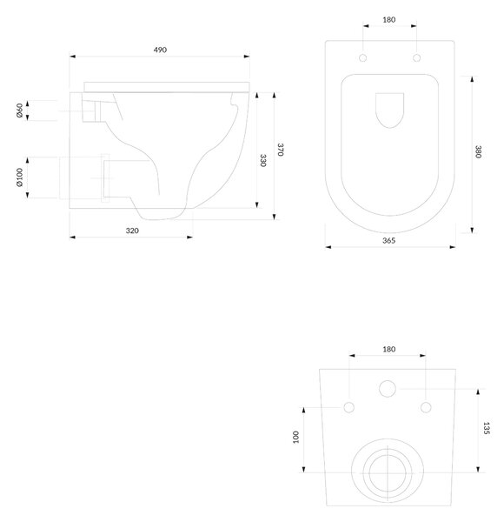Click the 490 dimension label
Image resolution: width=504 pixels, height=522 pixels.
(x=160, y=50)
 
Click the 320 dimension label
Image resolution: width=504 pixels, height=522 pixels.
(x=132, y=231)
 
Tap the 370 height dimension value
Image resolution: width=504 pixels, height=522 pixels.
(x=281, y=150)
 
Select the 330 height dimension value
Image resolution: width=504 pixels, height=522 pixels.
(x=262, y=160)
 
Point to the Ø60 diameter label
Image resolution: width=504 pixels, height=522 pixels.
(x=19, y=110)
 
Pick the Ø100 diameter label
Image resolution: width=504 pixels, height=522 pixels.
(x=19, y=177)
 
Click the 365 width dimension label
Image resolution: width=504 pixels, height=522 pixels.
(x=388, y=240)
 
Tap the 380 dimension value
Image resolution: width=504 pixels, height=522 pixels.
(x=478, y=151)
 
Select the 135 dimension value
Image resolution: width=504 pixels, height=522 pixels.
(x=486, y=428)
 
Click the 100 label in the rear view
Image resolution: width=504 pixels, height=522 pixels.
(x=295, y=437)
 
